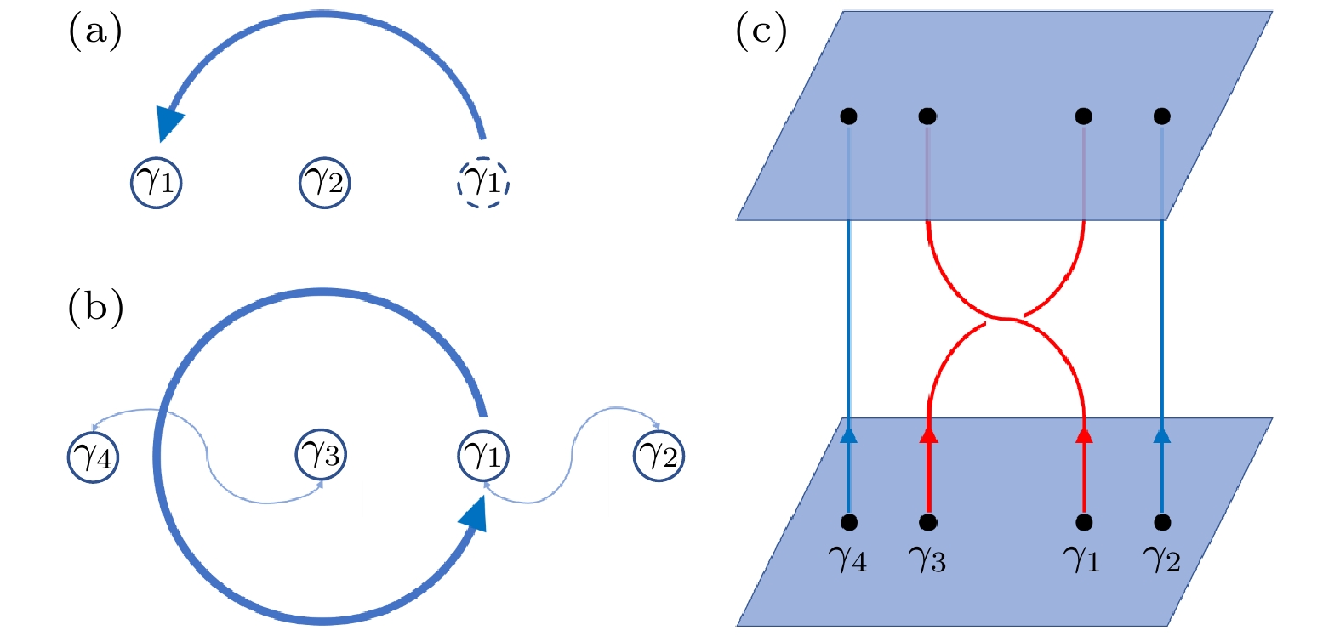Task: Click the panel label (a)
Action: click(x=94, y=31)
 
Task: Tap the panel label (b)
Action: click(x=95, y=307)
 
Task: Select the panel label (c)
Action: click(x=761, y=31)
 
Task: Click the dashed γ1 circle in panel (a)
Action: click(x=483, y=182)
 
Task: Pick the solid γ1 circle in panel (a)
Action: click(x=157, y=182)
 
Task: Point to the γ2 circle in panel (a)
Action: click(x=324, y=182)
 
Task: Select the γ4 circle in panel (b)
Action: click(x=93, y=457)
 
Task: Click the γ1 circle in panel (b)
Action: click(x=483, y=455)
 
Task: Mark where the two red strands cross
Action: click(x=1006, y=319)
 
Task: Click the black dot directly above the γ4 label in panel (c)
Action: click(x=848, y=522)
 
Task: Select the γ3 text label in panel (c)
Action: click(x=927, y=559)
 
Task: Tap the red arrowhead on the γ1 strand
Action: click(x=1084, y=434)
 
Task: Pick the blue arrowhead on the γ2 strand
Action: click(x=1162, y=434)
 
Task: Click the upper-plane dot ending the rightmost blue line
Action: click(x=1162, y=116)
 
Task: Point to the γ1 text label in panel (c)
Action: click(x=1082, y=559)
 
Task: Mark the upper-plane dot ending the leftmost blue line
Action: click(x=848, y=116)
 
